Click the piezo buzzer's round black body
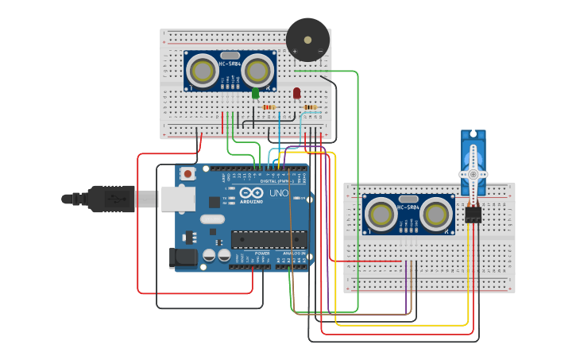pyautogui.click(x=307, y=39)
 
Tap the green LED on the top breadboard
pyautogui.click(x=255, y=94)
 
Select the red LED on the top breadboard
pyautogui.click(x=297, y=94)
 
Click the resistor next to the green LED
pyautogui.click(x=269, y=107)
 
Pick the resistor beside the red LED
pyautogui.click(x=310, y=107)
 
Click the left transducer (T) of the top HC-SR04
pyautogui.click(x=203, y=72)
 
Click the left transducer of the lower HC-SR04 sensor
pyautogui.click(x=381, y=214)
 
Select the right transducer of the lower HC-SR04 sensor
pyautogui.click(x=435, y=214)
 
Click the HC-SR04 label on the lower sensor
pyautogui.click(x=408, y=207)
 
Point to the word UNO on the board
pyautogui.click(x=279, y=193)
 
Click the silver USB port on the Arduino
pyautogui.click(x=179, y=199)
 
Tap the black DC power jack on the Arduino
pyautogui.click(x=182, y=257)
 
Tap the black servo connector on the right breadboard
pyautogui.click(x=473, y=214)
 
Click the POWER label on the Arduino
pyautogui.click(x=262, y=253)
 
